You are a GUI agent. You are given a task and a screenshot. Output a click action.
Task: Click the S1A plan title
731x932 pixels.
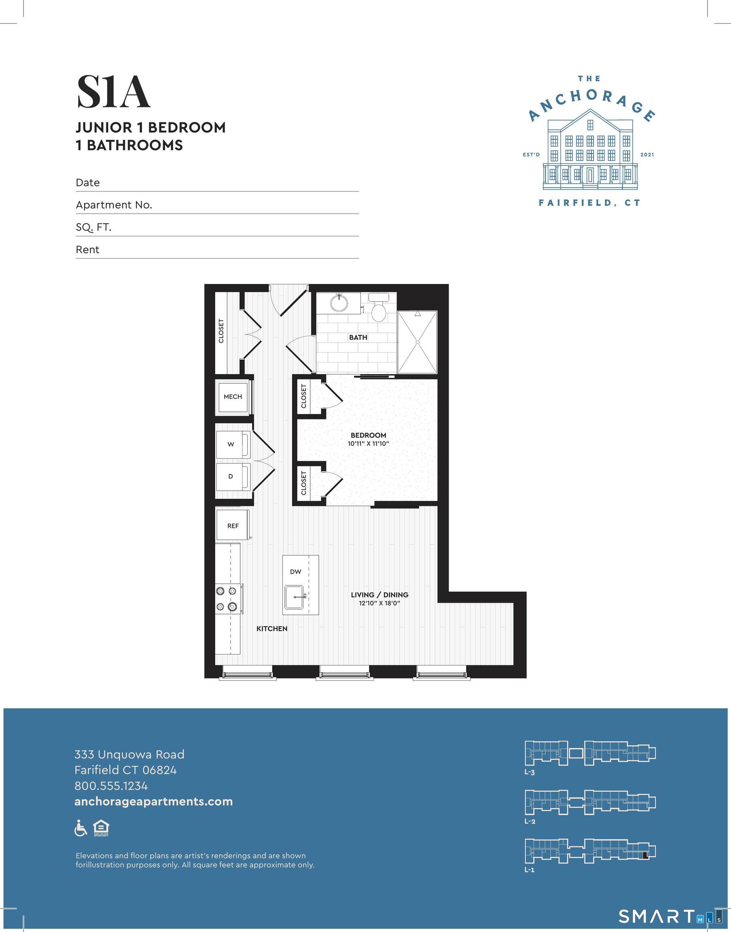(113, 92)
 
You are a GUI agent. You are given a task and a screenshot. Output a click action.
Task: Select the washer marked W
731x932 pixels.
(231, 444)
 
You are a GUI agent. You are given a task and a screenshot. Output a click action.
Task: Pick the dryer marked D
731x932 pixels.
(231, 476)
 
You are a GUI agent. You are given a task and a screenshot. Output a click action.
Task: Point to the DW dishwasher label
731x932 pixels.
(295, 571)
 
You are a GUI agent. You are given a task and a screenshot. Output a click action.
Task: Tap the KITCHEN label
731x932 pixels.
(272, 628)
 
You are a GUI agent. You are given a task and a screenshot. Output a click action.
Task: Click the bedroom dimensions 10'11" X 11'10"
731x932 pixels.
(368, 444)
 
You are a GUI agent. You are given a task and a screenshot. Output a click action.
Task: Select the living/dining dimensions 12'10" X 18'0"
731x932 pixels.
(379, 604)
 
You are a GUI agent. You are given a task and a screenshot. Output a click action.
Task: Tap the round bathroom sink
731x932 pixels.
(339, 303)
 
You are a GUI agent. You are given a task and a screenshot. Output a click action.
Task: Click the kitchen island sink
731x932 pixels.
(294, 597)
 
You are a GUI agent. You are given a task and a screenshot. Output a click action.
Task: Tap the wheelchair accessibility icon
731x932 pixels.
(81, 828)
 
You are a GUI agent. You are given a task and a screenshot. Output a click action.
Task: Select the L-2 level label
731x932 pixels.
(530, 821)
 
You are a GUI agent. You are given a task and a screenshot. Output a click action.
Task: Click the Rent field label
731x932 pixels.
(87, 250)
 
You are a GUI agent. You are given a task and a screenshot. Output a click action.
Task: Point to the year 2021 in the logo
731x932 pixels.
(647, 155)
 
